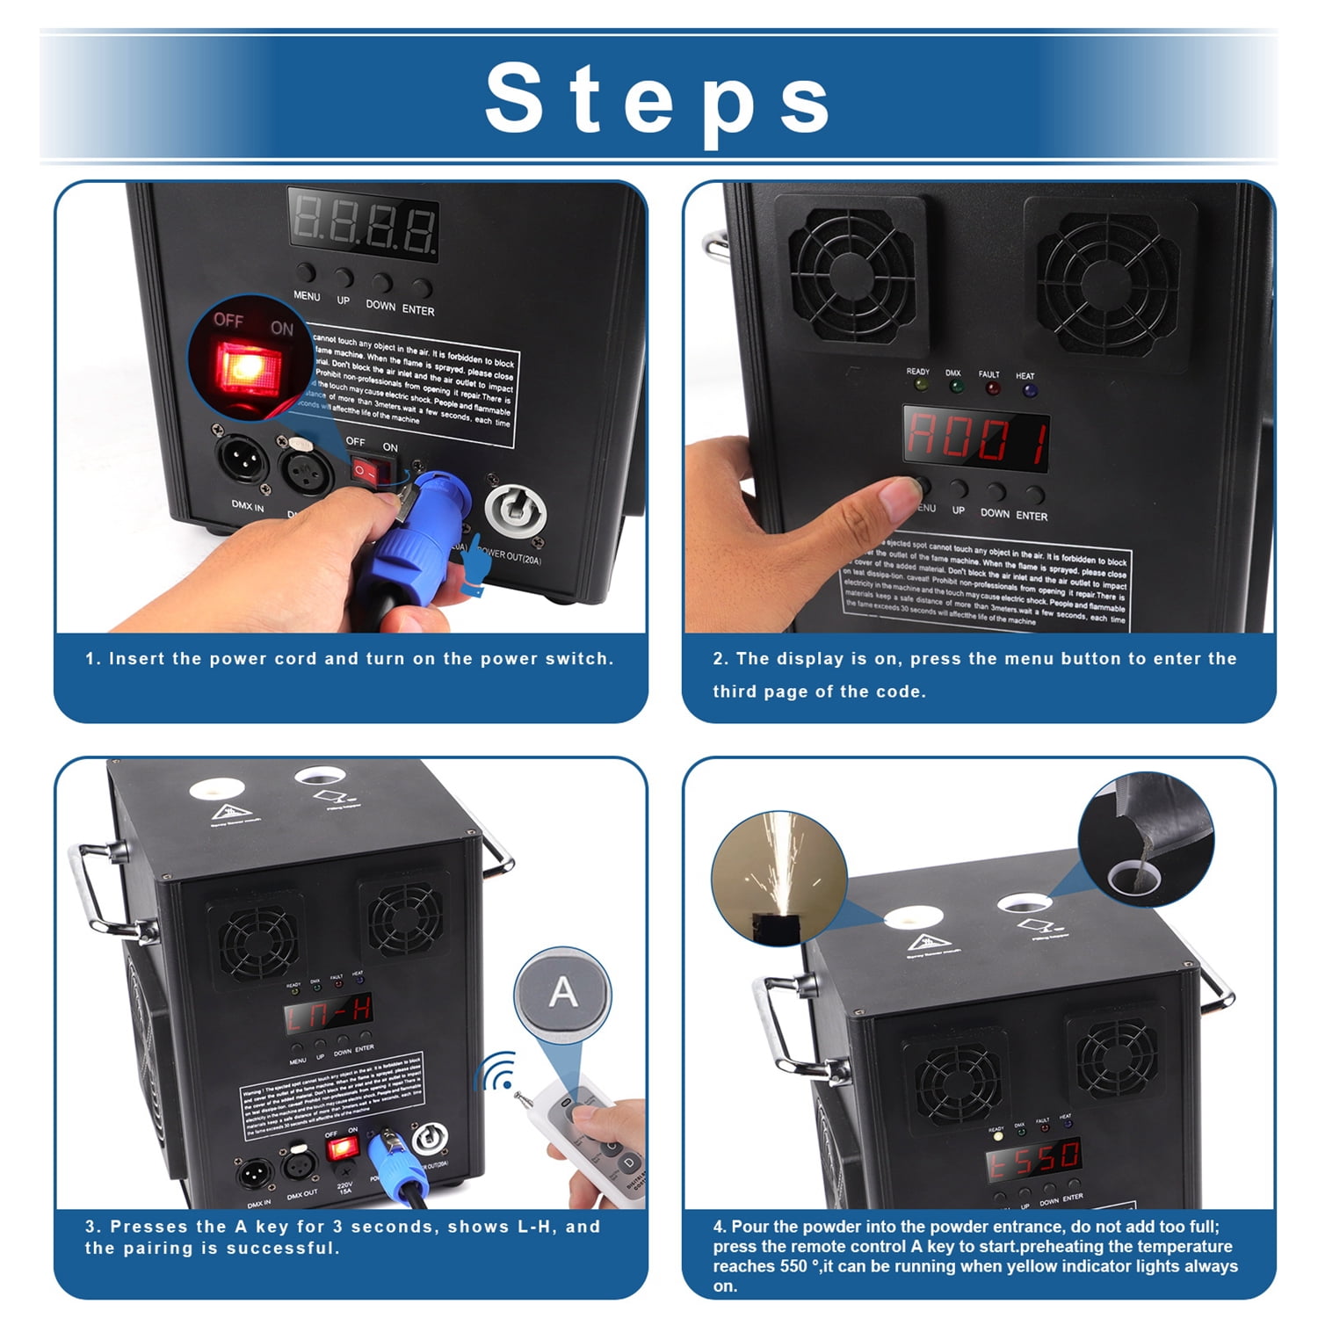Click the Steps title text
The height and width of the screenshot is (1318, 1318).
[657, 97]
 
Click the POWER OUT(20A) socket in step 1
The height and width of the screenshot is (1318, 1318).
[515, 515]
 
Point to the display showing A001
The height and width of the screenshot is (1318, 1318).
[976, 438]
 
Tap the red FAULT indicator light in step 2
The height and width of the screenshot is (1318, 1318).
[992, 387]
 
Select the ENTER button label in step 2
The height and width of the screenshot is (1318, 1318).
[1032, 516]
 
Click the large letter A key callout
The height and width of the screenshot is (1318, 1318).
[562, 994]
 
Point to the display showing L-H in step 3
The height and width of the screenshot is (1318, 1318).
[328, 1016]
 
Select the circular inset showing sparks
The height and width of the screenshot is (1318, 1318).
[778, 878]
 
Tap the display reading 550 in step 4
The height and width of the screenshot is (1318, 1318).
[1033, 1161]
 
